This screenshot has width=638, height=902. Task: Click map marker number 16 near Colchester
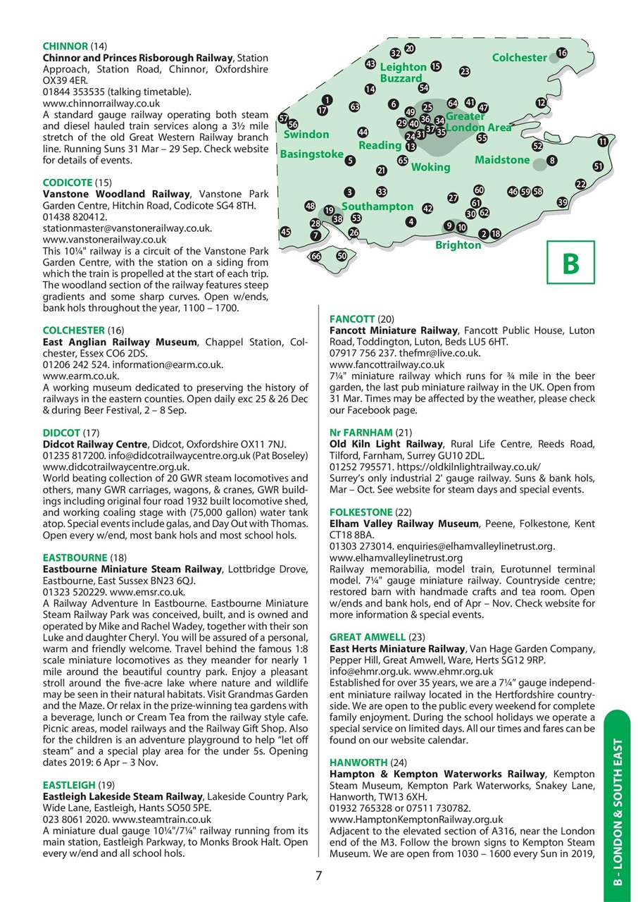561,53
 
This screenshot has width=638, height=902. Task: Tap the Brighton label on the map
458,245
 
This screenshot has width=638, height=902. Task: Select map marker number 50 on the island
342,256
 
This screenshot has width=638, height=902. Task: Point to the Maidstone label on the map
501,160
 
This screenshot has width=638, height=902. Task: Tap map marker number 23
465,71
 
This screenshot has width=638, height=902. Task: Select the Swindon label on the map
306,134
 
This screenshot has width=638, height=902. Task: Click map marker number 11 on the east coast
603,142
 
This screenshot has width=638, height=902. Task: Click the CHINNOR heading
65,47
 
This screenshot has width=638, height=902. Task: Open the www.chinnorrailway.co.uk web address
101,103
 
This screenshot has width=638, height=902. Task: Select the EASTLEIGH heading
68,784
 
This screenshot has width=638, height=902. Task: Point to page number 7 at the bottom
318,876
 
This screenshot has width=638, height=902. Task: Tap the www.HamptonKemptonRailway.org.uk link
415,820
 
